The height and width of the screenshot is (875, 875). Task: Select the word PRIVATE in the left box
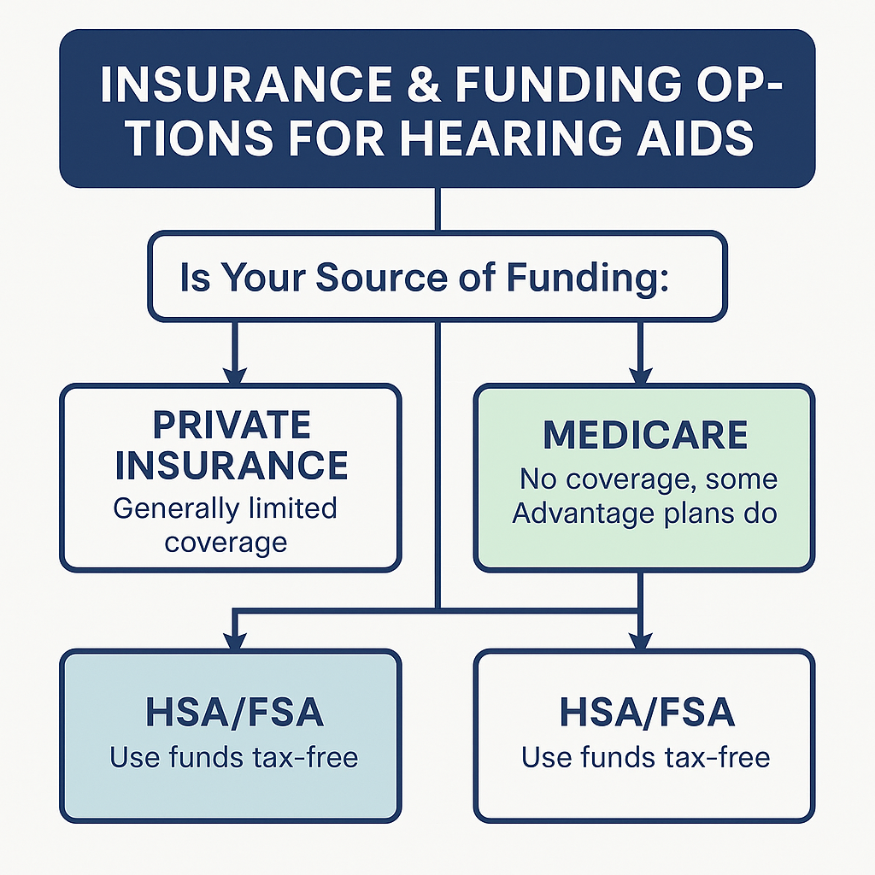[x=232, y=426]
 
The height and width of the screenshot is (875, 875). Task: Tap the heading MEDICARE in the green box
[x=645, y=435]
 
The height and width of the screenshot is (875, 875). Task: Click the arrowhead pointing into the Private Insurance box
[x=233, y=373]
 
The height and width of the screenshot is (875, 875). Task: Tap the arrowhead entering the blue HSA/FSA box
[x=234, y=638]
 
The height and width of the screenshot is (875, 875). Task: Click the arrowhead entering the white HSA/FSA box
[x=640, y=638]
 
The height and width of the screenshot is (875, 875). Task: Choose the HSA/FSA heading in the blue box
[x=232, y=714]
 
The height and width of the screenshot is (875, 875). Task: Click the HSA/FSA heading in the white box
[x=647, y=714]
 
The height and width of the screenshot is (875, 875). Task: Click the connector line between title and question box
[x=437, y=209]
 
